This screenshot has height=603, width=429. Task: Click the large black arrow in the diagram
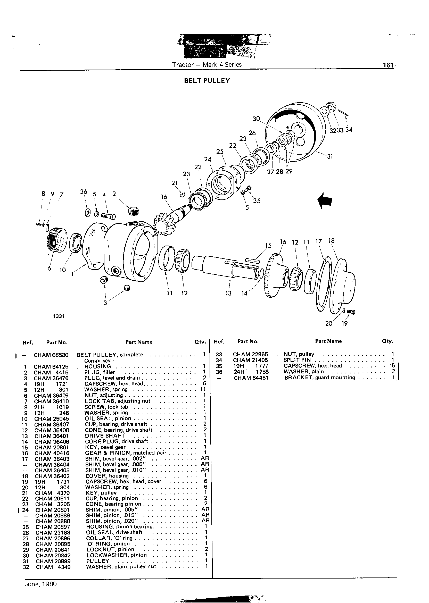(325, 200)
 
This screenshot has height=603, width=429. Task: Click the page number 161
(388, 65)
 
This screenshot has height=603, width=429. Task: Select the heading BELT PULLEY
(207, 80)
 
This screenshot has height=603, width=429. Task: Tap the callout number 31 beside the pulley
(330, 157)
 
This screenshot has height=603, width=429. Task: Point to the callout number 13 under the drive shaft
(228, 293)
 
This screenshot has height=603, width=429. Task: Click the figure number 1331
(59, 316)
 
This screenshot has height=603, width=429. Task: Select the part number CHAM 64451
(251, 378)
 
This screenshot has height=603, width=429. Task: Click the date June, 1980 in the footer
(41, 584)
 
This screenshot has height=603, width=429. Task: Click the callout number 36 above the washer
(84, 192)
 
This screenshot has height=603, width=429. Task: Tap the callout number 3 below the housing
(105, 303)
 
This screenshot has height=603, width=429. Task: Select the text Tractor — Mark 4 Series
(207, 65)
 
